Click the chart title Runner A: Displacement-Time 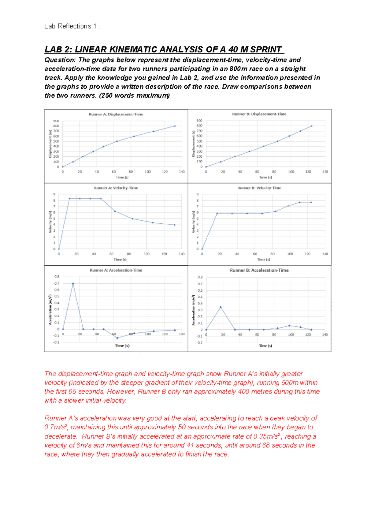116,114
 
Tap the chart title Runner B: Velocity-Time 259,188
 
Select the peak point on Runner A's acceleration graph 73,284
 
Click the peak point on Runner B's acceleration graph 221,307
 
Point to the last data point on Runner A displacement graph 175,126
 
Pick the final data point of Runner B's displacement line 312,126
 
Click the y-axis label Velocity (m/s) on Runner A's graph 50,222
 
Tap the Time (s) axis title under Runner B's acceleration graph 265,345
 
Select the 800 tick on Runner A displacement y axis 56,126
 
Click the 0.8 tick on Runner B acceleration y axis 200,277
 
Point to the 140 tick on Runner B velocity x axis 325,254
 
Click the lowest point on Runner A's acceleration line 117,338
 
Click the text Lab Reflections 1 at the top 68,26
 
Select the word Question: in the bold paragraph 60,60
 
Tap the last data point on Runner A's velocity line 175,225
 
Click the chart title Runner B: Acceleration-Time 259,270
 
